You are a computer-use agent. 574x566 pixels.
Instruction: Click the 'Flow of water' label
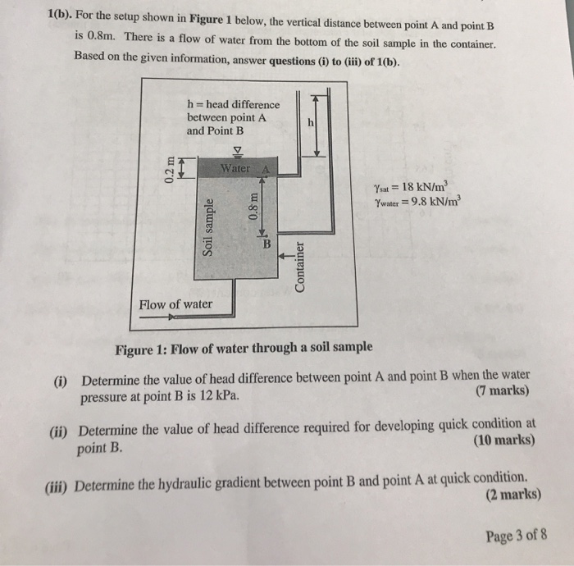point(175,304)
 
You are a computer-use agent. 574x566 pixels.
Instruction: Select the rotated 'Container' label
point(301,265)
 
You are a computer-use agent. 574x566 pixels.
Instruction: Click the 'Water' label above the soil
point(235,168)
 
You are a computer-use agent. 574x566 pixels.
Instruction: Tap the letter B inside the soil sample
point(266,243)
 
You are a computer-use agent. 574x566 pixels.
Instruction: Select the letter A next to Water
point(266,169)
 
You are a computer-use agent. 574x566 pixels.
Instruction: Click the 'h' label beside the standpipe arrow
point(310,122)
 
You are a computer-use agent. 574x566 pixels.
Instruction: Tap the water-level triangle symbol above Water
point(239,150)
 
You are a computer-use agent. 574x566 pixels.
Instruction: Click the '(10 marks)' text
point(504,440)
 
